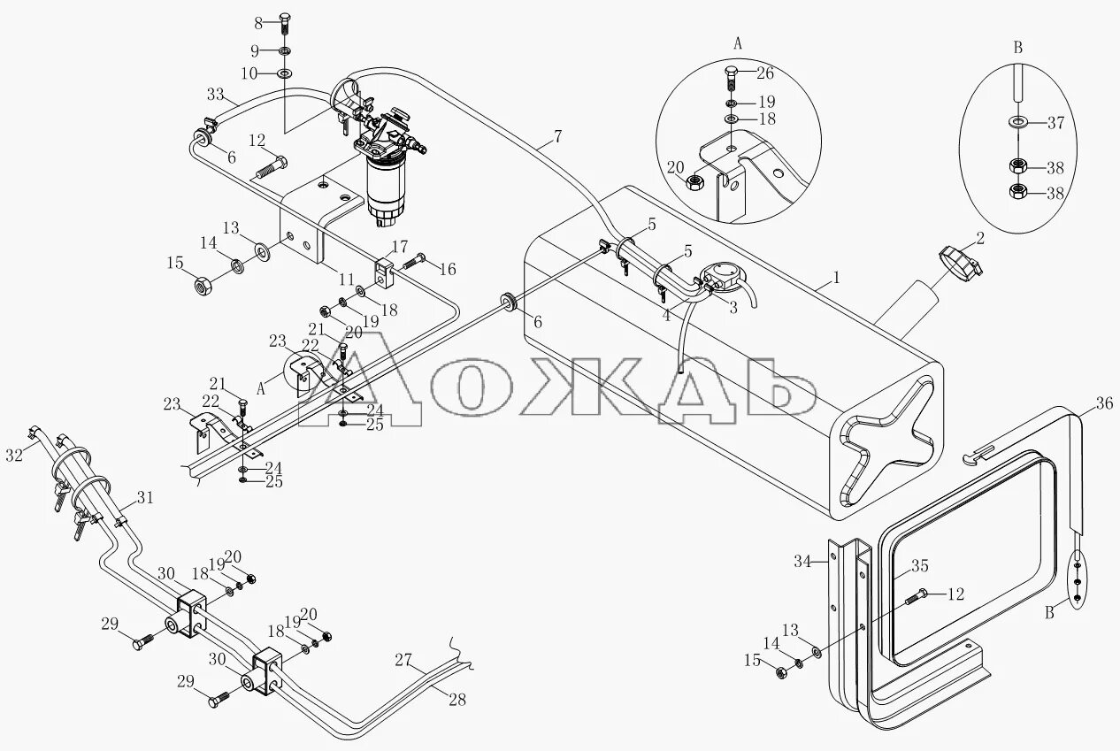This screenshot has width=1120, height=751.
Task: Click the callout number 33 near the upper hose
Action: [x=215, y=95]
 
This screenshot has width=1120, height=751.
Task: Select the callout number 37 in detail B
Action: [x=1055, y=122]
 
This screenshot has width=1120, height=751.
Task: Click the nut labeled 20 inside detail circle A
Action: [x=695, y=182]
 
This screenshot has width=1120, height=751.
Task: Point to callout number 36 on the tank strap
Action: [x=1104, y=403]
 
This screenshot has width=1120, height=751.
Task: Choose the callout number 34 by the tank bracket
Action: [x=802, y=560]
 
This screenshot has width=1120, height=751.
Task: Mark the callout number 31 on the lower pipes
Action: [x=144, y=498]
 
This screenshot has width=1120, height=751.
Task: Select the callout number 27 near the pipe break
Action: [x=404, y=659]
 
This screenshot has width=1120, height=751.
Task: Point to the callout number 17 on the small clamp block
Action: [x=400, y=246]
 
